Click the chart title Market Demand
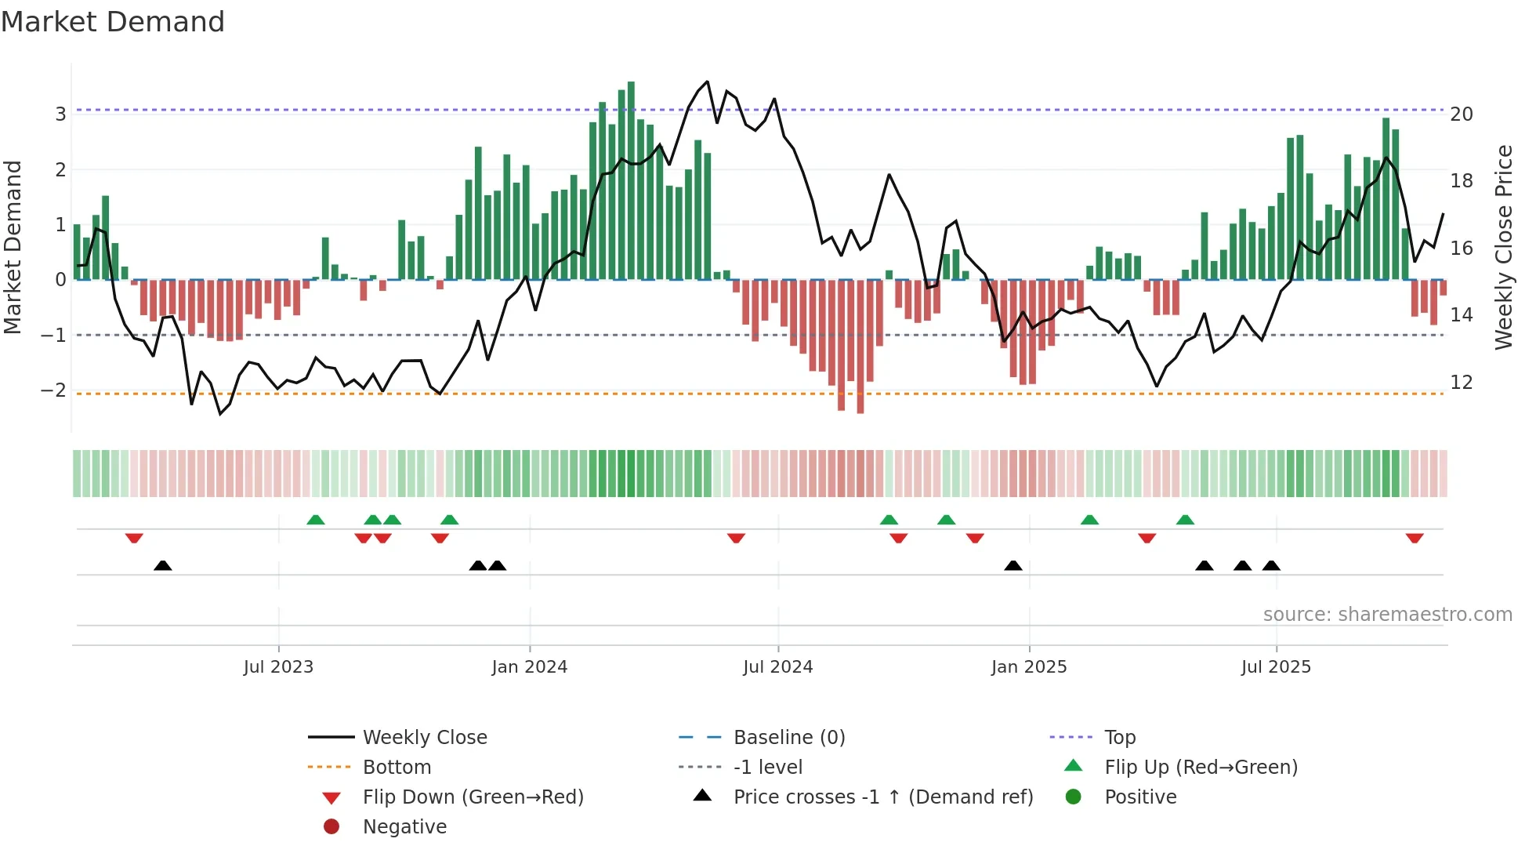tap(113, 22)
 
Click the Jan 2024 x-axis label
tap(529, 667)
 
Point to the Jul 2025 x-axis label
tap(1275, 667)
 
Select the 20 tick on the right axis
tap(1462, 114)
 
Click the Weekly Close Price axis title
tap(1503, 247)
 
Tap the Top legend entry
tap(1119, 738)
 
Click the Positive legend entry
tap(1139, 797)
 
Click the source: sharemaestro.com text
tap(1387, 615)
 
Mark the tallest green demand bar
tap(631, 180)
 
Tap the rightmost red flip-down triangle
tap(1414, 538)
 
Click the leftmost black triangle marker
tap(162, 565)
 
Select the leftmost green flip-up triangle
tap(315, 520)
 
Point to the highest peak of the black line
tap(708, 82)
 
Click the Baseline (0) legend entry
tap(788, 738)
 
